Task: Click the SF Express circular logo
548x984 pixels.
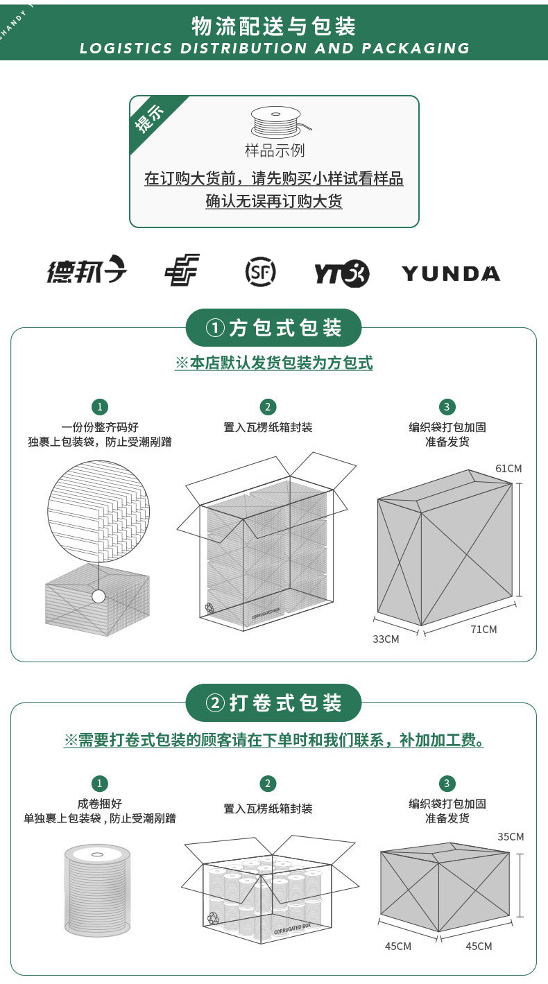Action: [x=260, y=272]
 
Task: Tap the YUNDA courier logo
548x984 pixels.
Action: [x=451, y=273]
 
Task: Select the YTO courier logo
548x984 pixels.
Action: [x=342, y=273]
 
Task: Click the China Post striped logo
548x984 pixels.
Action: [x=182, y=270]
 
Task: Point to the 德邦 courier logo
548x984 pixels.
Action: [x=87, y=269]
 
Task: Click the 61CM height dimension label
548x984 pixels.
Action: [x=508, y=468]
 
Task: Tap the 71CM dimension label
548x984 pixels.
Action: [x=483, y=630]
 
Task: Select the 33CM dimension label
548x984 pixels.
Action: [x=386, y=639]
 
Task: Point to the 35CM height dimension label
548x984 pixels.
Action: [x=511, y=836]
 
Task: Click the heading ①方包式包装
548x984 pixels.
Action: [x=273, y=328]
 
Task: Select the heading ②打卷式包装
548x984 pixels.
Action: [x=273, y=703]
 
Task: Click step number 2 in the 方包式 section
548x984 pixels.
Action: [x=268, y=407]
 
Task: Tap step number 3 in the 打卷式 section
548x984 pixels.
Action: [x=447, y=783]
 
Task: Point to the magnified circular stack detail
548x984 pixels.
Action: [x=99, y=511]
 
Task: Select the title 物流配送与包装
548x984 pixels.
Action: [x=273, y=26]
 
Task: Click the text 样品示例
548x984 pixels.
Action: [x=275, y=150]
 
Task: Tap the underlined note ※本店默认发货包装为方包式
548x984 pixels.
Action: [x=274, y=363]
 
